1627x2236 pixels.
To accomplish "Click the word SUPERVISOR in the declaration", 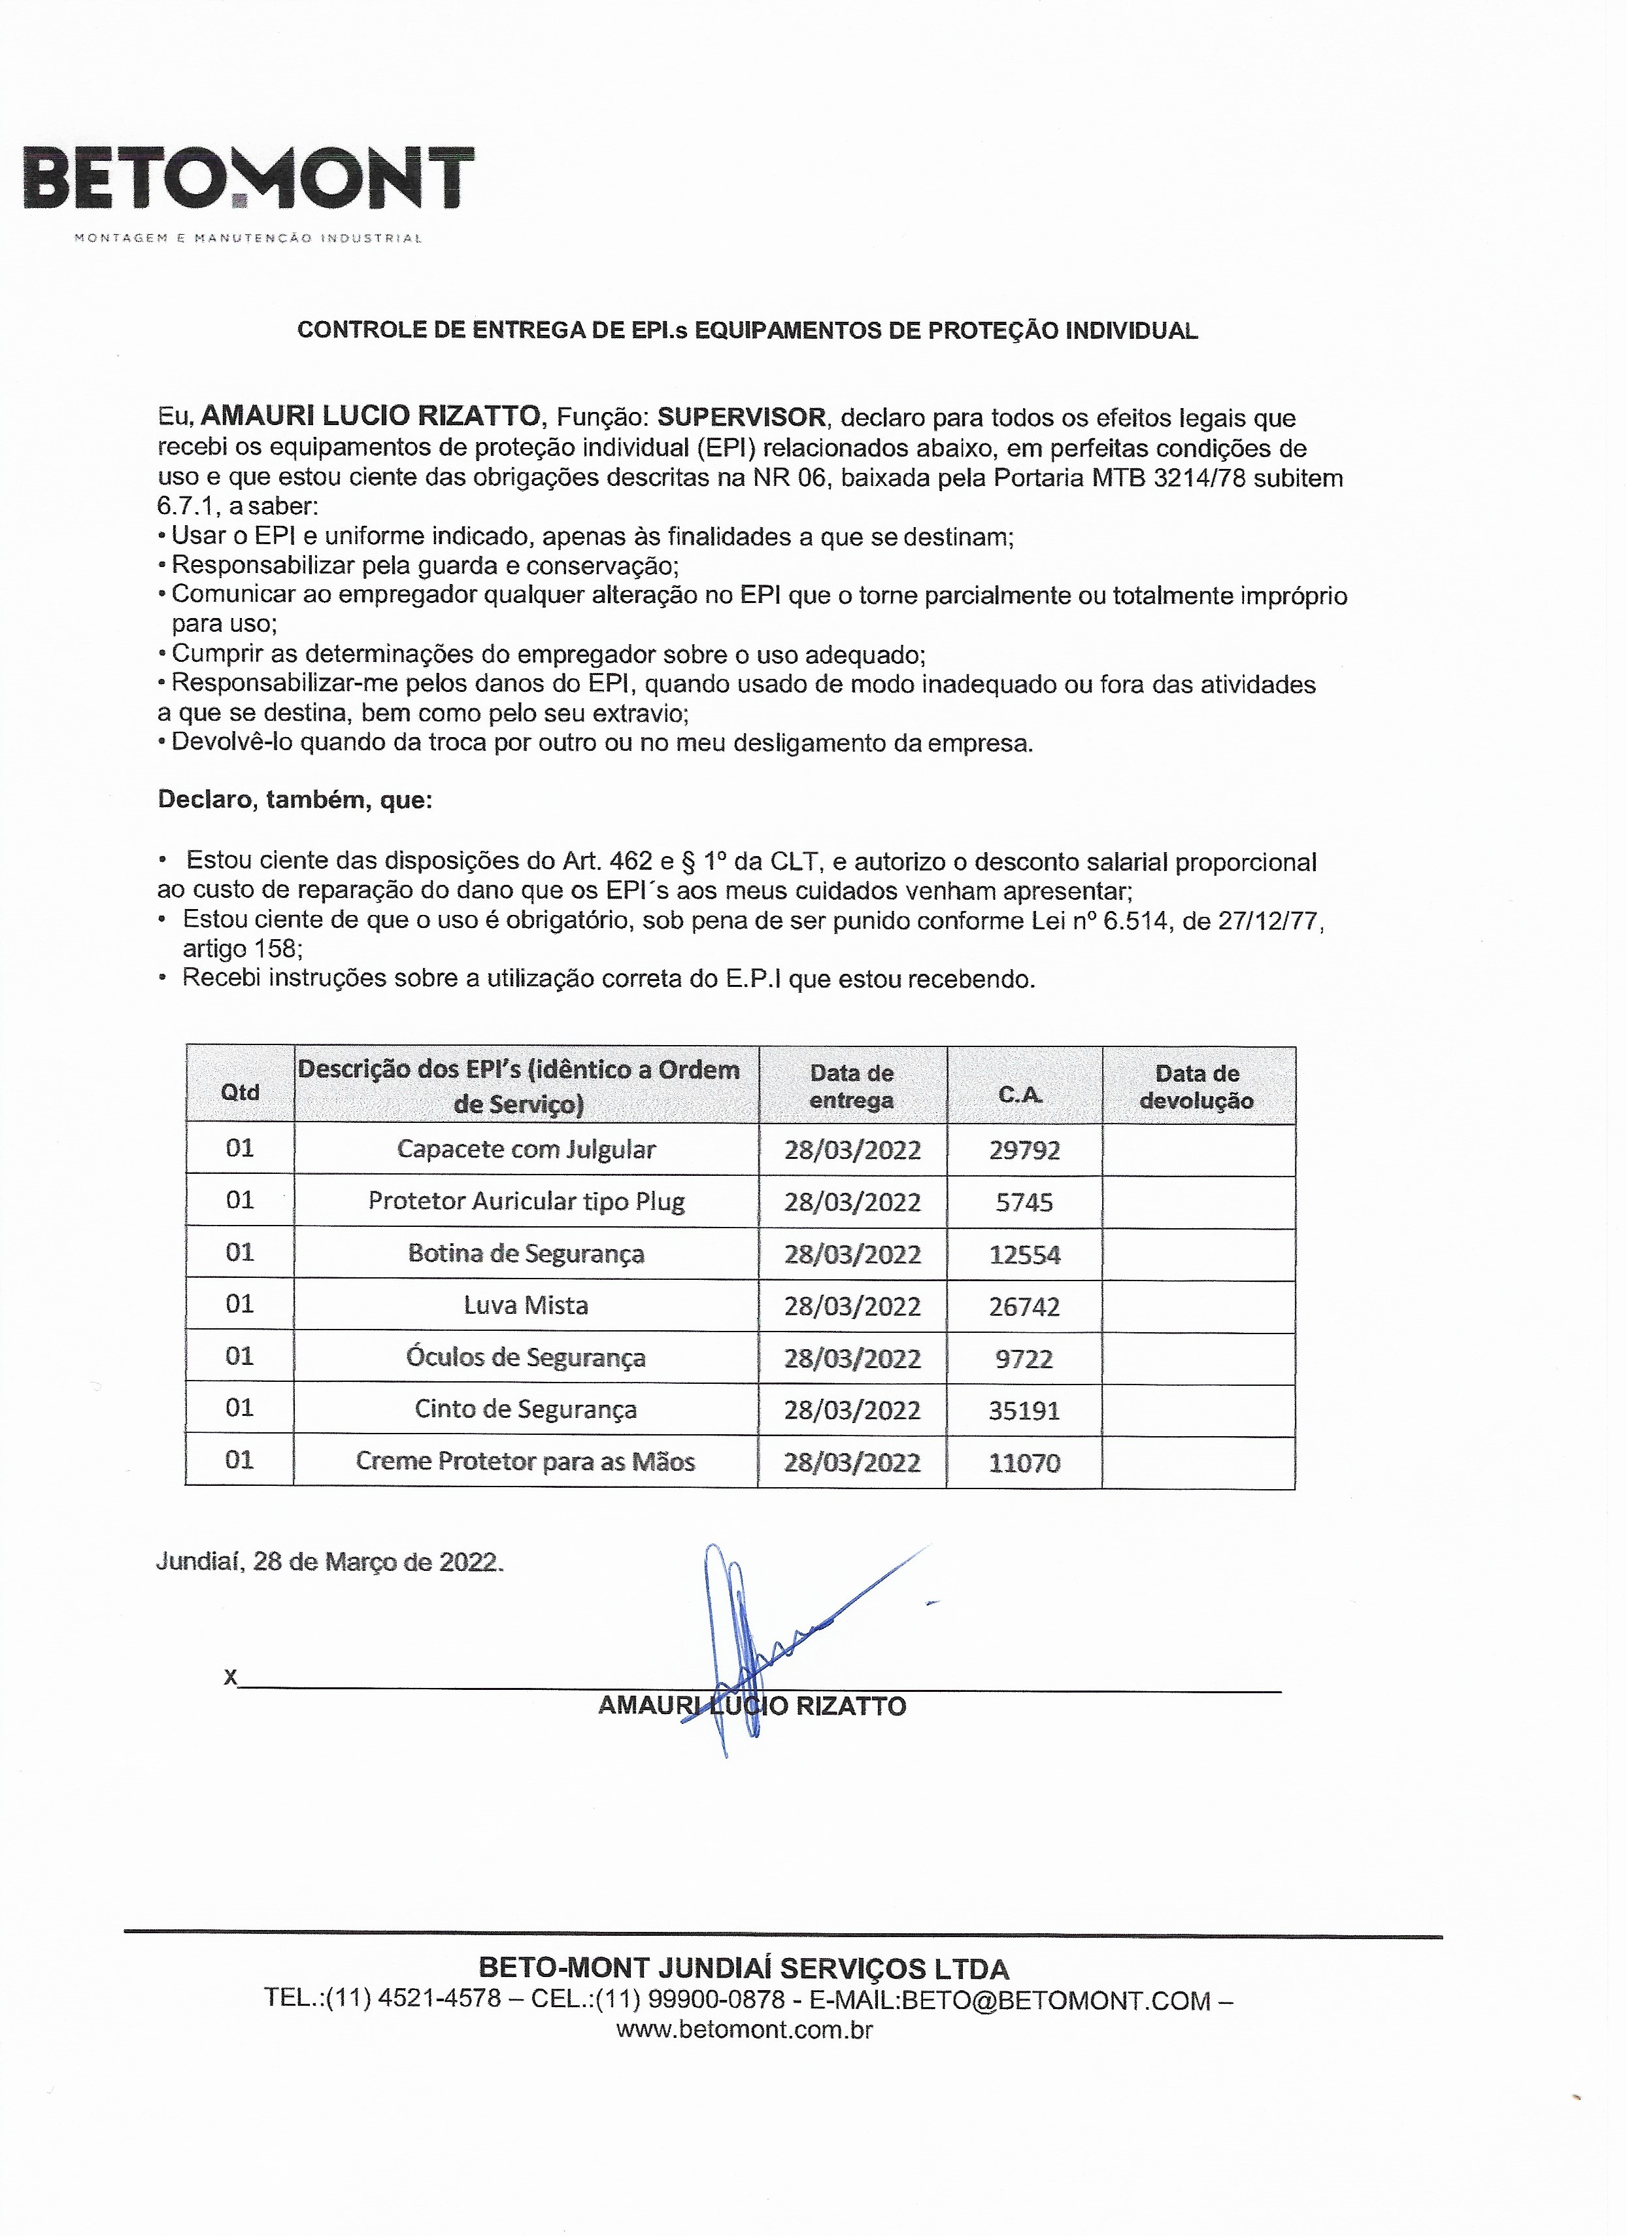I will pyautogui.click(x=742, y=417).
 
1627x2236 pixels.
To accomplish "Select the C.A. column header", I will pyautogui.click(x=1021, y=1094).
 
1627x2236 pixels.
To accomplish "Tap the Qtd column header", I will pyautogui.click(x=241, y=1092).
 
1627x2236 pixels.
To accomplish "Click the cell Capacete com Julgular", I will pyautogui.click(x=526, y=1148).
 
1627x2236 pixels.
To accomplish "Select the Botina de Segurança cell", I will pyautogui.click(x=526, y=1253).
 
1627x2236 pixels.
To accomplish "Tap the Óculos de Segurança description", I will pyautogui.click(x=526, y=1358).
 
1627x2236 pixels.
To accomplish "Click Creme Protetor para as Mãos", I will pyautogui.click(x=526, y=1461).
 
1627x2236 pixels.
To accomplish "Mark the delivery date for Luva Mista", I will pyautogui.click(x=852, y=1306).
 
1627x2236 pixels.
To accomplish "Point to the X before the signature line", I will pyautogui.click(x=231, y=1677).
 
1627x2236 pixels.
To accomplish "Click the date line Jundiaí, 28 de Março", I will pyautogui.click(x=329, y=1562).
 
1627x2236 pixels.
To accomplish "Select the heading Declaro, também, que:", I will pyautogui.click(x=295, y=800).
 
